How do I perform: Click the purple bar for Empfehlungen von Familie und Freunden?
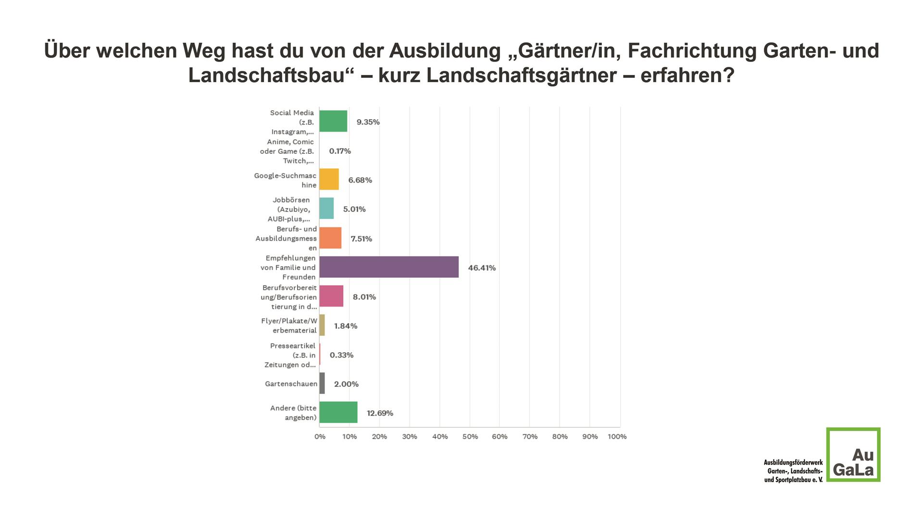click(x=388, y=267)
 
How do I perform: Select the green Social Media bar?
click(x=333, y=121)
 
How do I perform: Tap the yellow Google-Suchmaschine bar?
click(x=329, y=179)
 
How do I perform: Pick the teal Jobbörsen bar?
click(x=326, y=209)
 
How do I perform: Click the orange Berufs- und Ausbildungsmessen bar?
click(x=330, y=238)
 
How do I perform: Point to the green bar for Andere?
click(x=338, y=412)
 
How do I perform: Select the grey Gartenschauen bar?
click(x=322, y=383)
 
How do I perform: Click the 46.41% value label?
click(x=482, y=268)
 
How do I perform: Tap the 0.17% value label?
click(x=340, y=151)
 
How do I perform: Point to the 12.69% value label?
click(x=380, y=413)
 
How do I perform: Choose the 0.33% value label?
click(x=341, y=355)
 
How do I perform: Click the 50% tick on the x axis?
click(x=470, y=437)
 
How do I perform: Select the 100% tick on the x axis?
click(x=617, y=437)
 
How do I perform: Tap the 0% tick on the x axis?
click(x=320, y=437)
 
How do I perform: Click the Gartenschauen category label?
click(x=291, y=384)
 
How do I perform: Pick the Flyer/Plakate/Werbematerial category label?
click(x=289, y=326)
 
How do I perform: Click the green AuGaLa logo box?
click(x=853, y=455)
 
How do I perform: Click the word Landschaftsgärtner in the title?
click(x=522, y=75)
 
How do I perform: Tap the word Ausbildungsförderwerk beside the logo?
click(x=793, y=462)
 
